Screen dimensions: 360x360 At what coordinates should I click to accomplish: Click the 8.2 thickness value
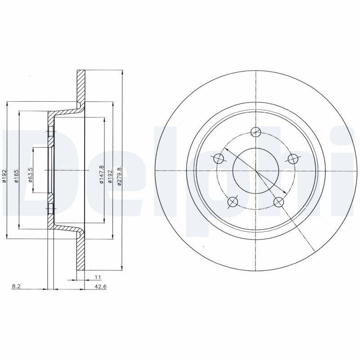click(16, 286)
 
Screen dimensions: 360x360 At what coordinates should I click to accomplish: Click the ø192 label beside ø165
click(4, 175)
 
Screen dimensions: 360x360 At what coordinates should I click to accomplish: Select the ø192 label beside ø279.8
click(110, 175)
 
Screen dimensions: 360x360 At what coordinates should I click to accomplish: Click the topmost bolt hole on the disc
click(256, 132)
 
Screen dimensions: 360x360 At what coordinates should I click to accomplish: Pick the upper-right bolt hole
click(293, 158)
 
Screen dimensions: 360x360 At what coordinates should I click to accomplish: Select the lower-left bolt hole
click(233, 202)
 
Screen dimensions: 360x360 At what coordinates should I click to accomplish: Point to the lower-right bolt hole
click(279, 202)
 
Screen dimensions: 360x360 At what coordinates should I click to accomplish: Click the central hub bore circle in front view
click(256, 171)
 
